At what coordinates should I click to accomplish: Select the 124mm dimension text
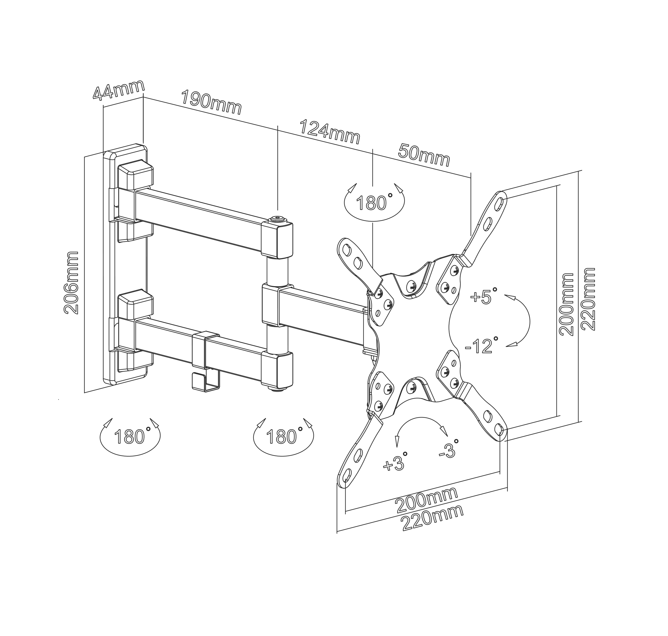(x=330, y=131)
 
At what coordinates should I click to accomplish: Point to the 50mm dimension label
(x=424, y=155)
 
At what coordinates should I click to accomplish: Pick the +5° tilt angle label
(x=484, y=296)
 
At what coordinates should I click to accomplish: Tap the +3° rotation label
(x=395, y=462)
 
